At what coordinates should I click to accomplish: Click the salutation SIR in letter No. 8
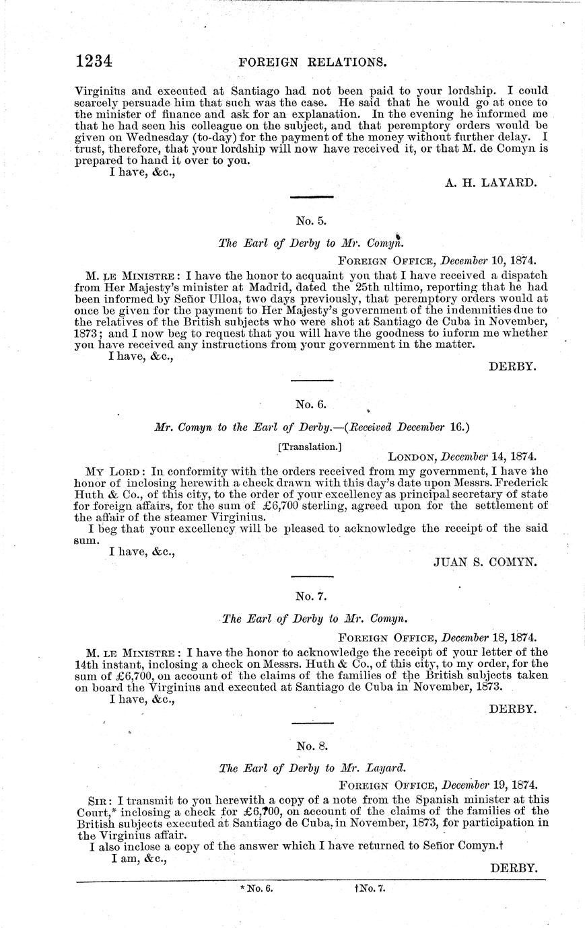click(x=100, y=800)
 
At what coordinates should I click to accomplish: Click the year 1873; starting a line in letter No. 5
click(x=88, y=332)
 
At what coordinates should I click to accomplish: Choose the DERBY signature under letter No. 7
click(x=512, y=709)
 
